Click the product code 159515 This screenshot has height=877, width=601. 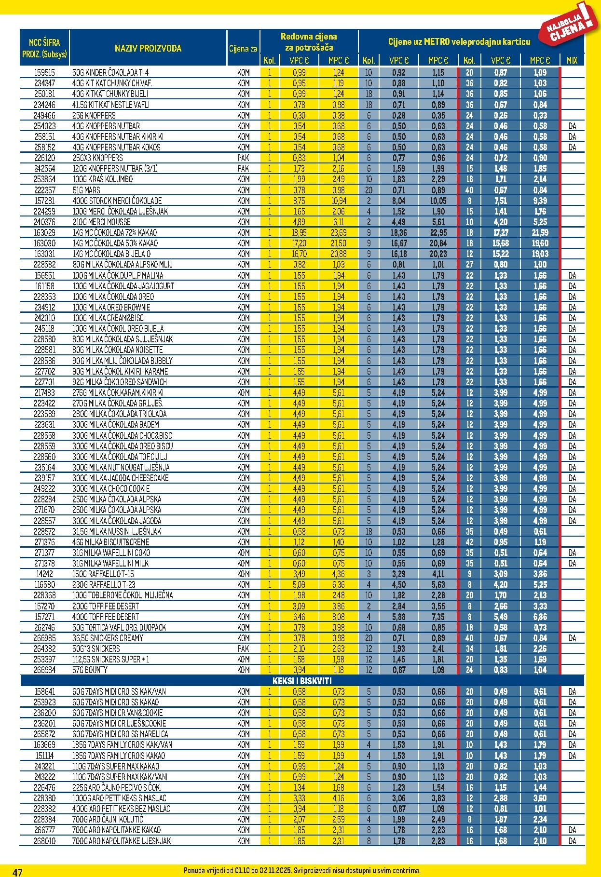(44, 73)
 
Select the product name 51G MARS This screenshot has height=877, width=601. (86, 190)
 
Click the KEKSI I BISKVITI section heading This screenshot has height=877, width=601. (302, 681)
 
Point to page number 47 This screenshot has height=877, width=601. (17, 872)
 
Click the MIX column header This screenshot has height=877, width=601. (572, 60)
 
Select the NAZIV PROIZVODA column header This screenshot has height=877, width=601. (148, 48)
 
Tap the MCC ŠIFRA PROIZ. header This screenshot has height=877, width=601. (44, 48)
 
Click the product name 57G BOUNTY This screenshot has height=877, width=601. (90, 670)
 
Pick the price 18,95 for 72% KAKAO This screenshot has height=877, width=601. (299, 233)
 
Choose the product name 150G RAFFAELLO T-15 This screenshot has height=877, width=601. (103, 574)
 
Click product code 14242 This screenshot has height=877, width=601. (44, 574)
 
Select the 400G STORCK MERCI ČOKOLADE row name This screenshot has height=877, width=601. (117, 201)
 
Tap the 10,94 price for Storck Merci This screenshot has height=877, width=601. (338, 201)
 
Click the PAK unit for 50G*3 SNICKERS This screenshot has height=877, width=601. (243, 648)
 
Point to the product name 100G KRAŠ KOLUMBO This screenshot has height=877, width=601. (103, 179)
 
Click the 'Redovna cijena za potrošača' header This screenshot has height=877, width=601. (309, 42)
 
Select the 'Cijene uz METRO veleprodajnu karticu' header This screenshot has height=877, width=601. (459, 42)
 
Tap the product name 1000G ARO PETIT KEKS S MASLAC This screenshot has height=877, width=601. (119, 798)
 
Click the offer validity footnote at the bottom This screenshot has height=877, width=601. (302, 871)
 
